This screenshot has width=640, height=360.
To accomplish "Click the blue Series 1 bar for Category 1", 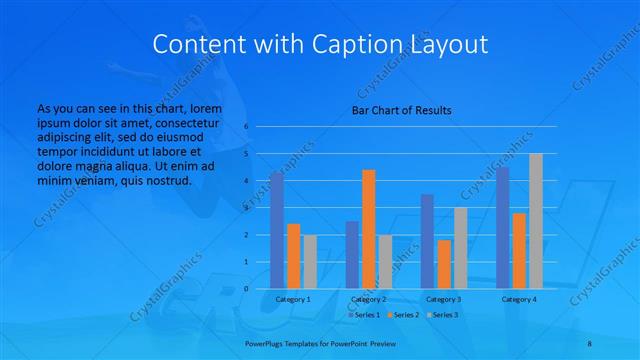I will [276, 230].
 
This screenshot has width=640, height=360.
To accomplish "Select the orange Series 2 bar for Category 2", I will [369, 229].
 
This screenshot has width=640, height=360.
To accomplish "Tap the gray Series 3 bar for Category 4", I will [536, 221].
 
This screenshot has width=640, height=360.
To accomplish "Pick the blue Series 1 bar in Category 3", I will [427, 241].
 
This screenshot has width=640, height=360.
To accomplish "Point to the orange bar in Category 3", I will [444, 264].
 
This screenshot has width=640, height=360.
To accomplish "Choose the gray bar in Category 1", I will [310, 261].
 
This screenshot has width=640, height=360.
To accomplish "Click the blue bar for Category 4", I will [502, 227].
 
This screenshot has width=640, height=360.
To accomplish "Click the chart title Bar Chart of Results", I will [401, 110].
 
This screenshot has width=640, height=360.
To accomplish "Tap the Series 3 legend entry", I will [441, 315].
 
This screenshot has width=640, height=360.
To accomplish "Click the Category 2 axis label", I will [369, 299].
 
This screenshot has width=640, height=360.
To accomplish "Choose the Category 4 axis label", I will [519, 299].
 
